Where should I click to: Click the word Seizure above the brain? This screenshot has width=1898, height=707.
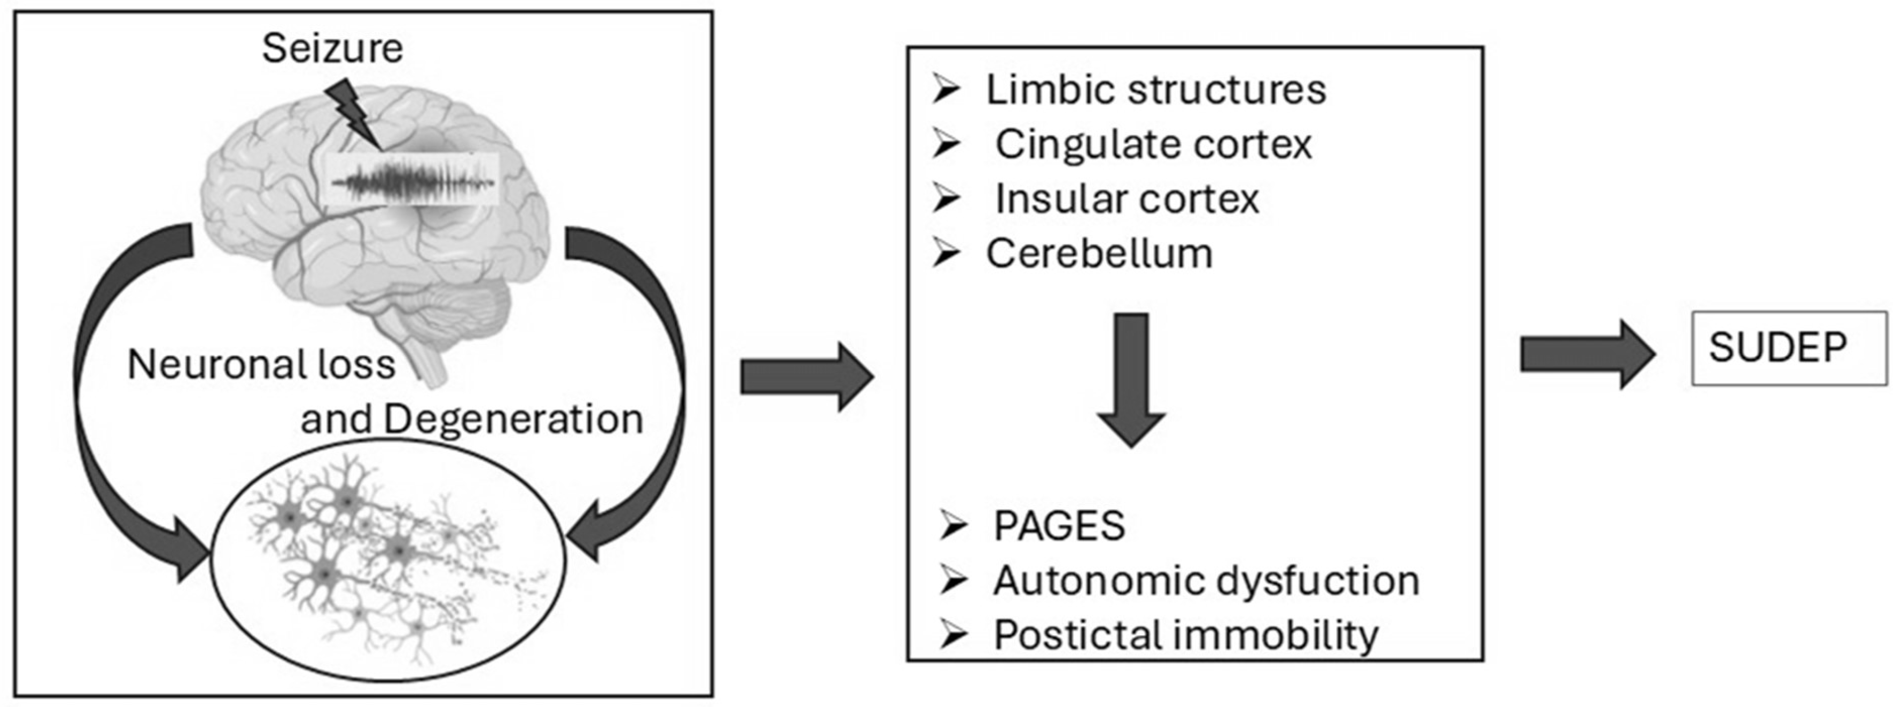point(332,49)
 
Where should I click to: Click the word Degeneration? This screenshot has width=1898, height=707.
point(513,419)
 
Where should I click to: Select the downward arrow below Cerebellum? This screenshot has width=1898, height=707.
point(1131,379)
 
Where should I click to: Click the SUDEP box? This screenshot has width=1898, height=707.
point(1788,348)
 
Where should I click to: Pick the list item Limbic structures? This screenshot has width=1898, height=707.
point(1155,90)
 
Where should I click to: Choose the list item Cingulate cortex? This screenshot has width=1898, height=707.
point(1153,144)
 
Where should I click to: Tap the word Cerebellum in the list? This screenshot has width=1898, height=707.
point(1099,254)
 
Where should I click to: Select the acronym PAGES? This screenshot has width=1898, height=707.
point(1059,526)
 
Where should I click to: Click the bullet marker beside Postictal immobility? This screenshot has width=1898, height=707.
point(954,635)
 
